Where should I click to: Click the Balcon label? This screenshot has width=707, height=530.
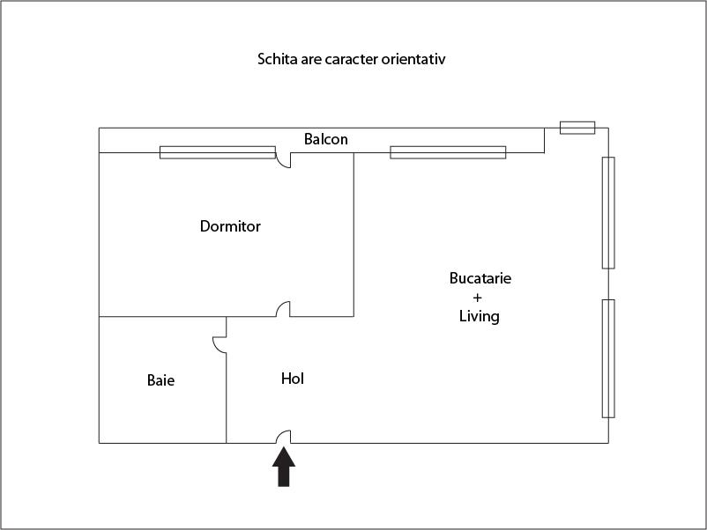pos(326,139)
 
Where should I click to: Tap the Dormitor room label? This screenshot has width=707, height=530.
pos(230,226)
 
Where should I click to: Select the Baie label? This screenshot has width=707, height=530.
pos(160,380)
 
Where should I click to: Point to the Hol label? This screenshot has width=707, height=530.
pos(292,379)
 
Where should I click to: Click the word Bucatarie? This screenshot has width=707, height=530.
pos(480,278)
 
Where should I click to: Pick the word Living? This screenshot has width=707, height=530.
pos(480,316)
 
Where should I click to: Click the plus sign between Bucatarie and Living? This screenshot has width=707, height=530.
pos(478,298)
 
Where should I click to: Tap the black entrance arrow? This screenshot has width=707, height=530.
pos(284,467)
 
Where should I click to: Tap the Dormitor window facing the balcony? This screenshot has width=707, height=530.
pos(218,152)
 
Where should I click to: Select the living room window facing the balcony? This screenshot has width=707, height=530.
pos(448,152)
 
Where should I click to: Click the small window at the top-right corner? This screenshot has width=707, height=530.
pos(577,128)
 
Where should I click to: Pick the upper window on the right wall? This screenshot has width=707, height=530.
pos(608,212)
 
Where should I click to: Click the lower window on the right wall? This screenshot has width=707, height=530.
pos(608,358)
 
